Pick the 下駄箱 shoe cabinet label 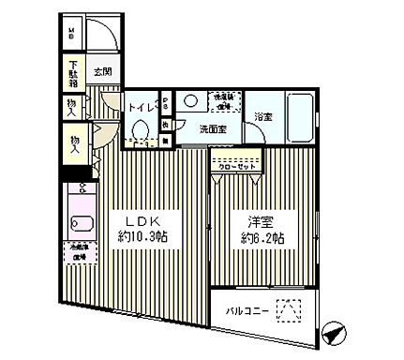72,72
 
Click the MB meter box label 71,35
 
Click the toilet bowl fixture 141,129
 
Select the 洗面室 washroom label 211,129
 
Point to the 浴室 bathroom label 263,116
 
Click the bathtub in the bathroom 300,115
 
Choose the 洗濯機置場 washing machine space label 229,100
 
